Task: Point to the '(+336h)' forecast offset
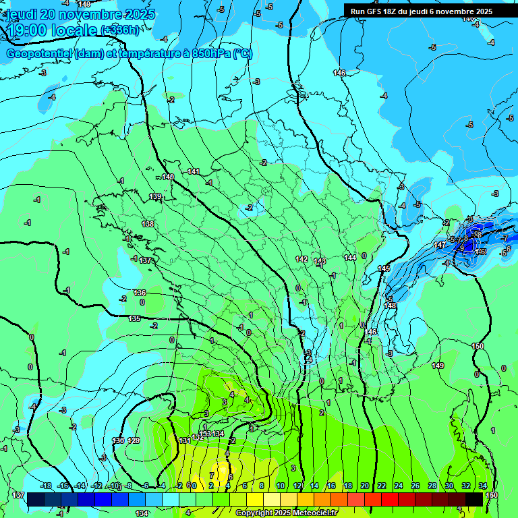click(121, 30)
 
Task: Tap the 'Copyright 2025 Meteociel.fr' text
click(287, 513)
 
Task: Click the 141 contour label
click(194, 171)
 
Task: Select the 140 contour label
click(168, 177)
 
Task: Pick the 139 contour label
click(155, 196)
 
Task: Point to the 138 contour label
click(148, 223)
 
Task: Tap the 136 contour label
click(140, 293)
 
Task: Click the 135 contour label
click(135, 318)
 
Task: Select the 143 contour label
click(320, 261)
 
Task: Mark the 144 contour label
click(350, 258)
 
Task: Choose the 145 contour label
click(384, 268)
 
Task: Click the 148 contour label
click(390, 306)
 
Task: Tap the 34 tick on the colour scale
click(482, 486)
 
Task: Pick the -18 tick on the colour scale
click(46, 486)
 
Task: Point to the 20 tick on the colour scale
click(364, 486)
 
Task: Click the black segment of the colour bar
click(474, 499)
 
